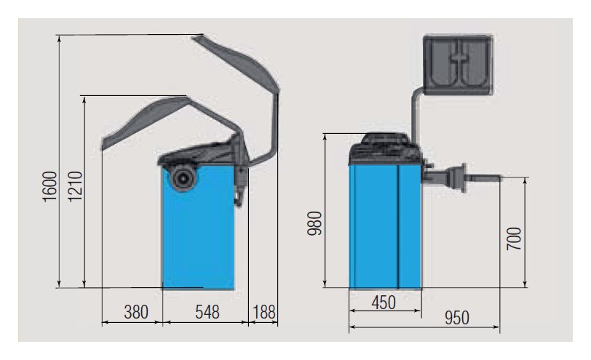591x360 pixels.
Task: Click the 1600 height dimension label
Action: coord(49,187)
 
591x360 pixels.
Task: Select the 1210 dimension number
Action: coord(75,187)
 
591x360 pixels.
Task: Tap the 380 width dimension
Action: coord(136,312)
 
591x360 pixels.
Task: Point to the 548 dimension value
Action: coord(207,312)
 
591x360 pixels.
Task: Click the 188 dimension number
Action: coord(263,312)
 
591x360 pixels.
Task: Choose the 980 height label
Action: coord(314,223)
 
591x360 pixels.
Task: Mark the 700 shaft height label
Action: coord(514,239)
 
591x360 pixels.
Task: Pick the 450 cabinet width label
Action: coord(384,303)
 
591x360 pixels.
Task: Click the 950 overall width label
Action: coord(457,318)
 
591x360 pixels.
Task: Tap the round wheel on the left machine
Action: coord(183,177)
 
